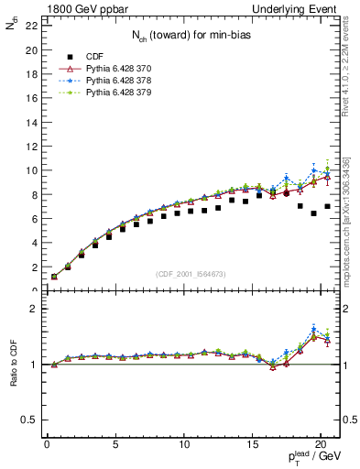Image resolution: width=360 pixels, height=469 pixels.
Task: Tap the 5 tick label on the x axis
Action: pyautogui.click(x=115, y=445)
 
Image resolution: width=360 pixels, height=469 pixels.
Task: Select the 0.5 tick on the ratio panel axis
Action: pyautogui.click(x=27, y=420)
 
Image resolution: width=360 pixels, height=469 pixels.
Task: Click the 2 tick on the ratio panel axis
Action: pyautogui.click(x=32, y=309)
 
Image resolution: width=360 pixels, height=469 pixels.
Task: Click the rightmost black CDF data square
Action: pyautogui.click(x=327, y=207)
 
